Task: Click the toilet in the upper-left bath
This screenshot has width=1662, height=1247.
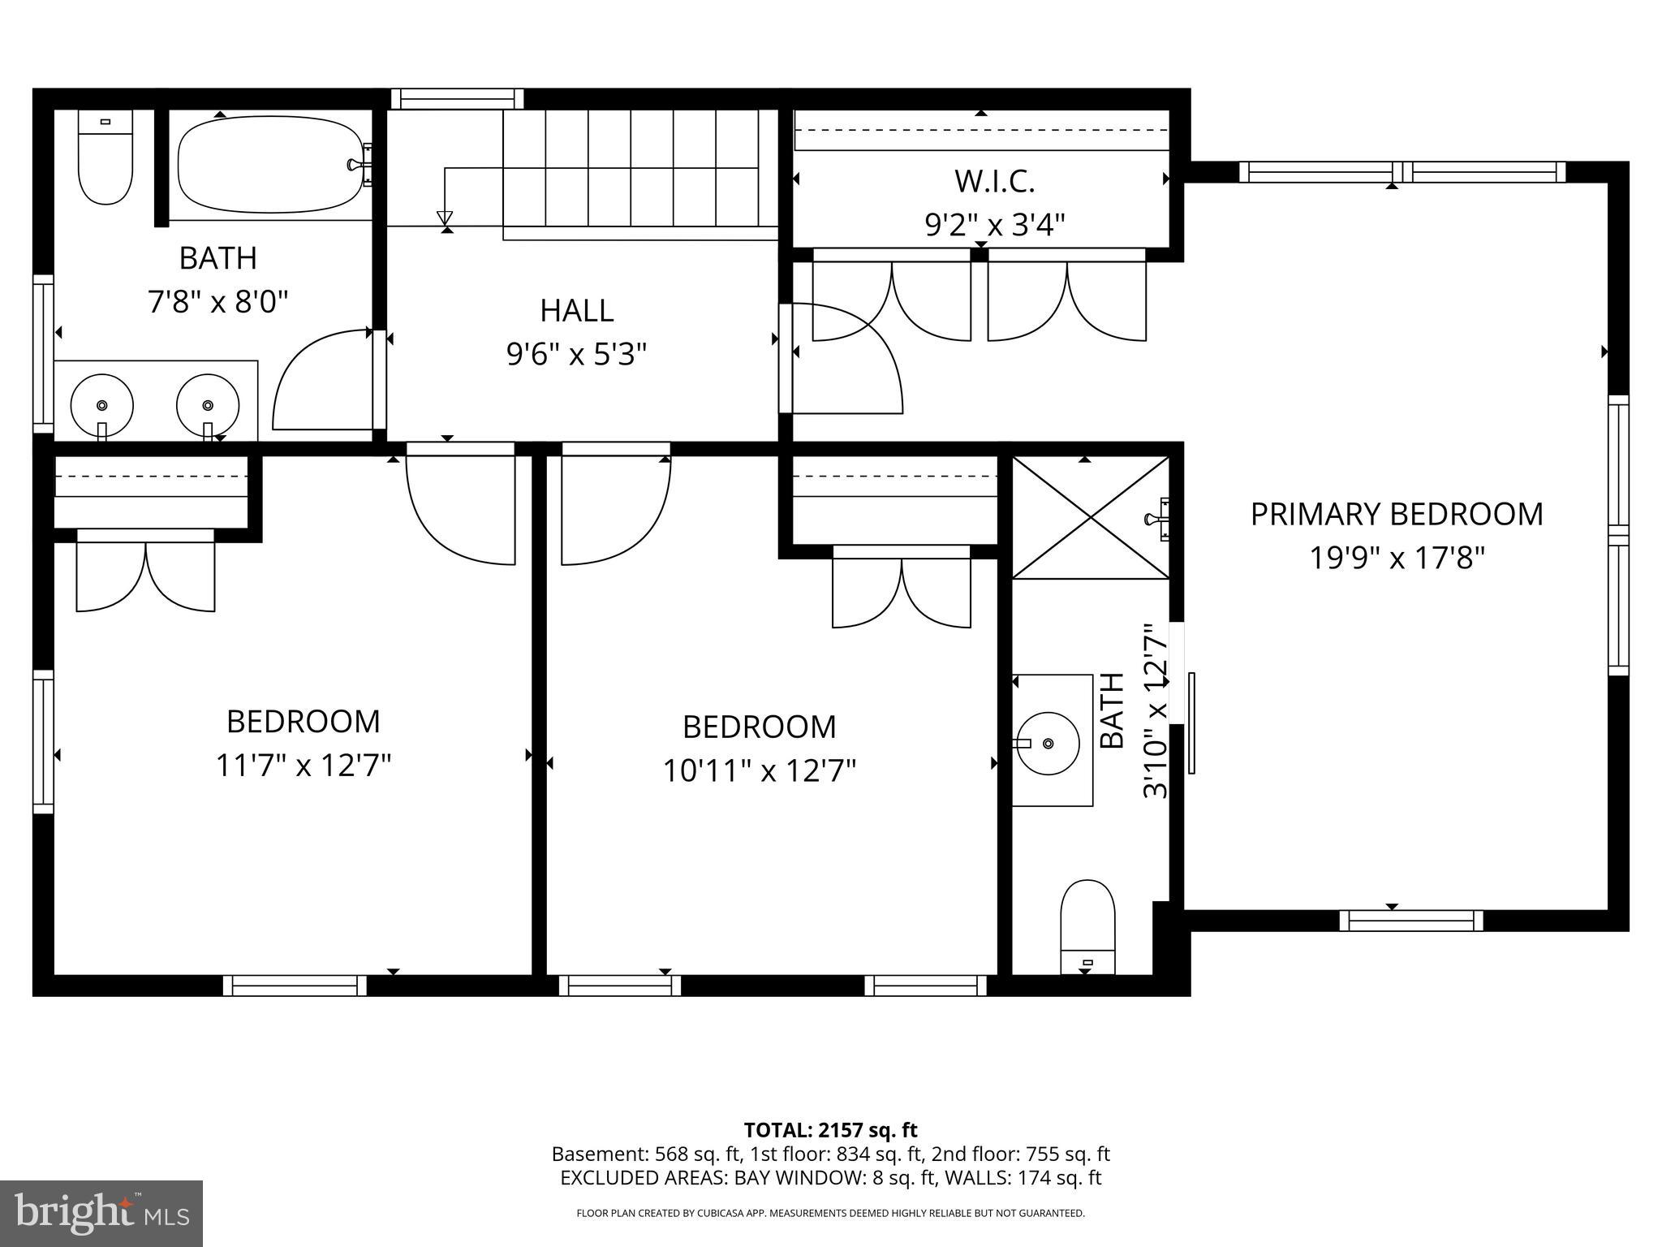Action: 105,157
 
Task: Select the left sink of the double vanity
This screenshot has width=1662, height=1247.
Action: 102,405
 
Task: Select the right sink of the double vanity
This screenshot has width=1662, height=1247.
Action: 208,405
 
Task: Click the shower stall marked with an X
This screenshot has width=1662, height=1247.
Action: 1090,517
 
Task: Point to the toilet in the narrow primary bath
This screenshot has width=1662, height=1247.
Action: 1087,926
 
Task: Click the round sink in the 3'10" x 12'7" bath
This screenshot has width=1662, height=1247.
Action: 1048,743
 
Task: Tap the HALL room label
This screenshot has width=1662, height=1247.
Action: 576,310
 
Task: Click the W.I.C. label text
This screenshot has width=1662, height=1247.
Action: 994,181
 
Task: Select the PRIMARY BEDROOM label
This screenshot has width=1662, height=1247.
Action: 1396,515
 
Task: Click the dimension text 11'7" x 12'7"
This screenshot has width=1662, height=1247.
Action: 304,766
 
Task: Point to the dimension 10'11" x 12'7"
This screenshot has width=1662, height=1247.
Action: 760,770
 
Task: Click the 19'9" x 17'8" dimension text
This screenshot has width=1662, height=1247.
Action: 1397,559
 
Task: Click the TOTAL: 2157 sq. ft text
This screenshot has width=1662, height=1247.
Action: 830,1130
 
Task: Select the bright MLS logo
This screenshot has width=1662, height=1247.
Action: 101,1214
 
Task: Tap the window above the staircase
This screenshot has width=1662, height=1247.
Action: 457,99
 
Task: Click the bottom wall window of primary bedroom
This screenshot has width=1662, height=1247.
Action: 1410,920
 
